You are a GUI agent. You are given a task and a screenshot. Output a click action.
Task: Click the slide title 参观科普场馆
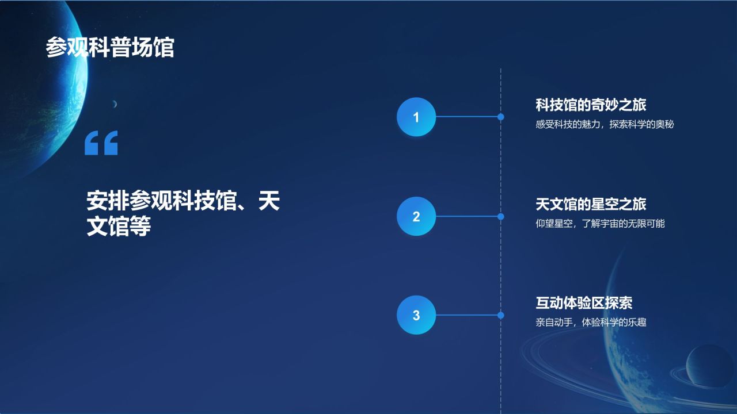pos(109,48)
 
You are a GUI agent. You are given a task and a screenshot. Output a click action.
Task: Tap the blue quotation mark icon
pos(101,143)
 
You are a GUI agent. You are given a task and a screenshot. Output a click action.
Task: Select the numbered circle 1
pos(416,117)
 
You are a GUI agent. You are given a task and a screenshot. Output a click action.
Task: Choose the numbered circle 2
pos(416,217)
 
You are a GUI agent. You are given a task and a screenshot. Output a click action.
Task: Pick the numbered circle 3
pos(416,315)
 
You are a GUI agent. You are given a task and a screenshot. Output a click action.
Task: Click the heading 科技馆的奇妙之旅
pos(591,105)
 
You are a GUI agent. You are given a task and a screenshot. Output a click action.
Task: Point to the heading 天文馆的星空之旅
pos(591,204)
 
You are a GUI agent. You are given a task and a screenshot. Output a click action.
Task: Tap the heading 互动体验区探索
pos(584,303)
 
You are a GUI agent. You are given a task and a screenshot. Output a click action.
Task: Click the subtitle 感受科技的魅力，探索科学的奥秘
pos(605,124)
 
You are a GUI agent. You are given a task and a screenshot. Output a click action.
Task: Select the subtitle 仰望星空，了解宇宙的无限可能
pos(600,224)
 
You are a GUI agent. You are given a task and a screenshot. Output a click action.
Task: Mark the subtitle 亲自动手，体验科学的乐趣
pos(591,323)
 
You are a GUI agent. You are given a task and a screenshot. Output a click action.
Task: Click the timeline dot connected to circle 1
pos(501,117)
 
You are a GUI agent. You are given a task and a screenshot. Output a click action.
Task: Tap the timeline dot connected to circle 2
pos(501,217)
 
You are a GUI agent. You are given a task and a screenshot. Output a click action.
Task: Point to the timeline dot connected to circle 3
pos(501,315)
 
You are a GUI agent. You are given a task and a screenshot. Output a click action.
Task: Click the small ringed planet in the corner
pos(710,366)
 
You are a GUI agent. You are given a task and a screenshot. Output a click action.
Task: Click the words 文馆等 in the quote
pos(119,227)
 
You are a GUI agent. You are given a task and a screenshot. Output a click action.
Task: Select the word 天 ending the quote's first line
pos(269,201)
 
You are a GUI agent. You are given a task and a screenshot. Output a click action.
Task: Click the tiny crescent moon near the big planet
pos(115,104)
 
